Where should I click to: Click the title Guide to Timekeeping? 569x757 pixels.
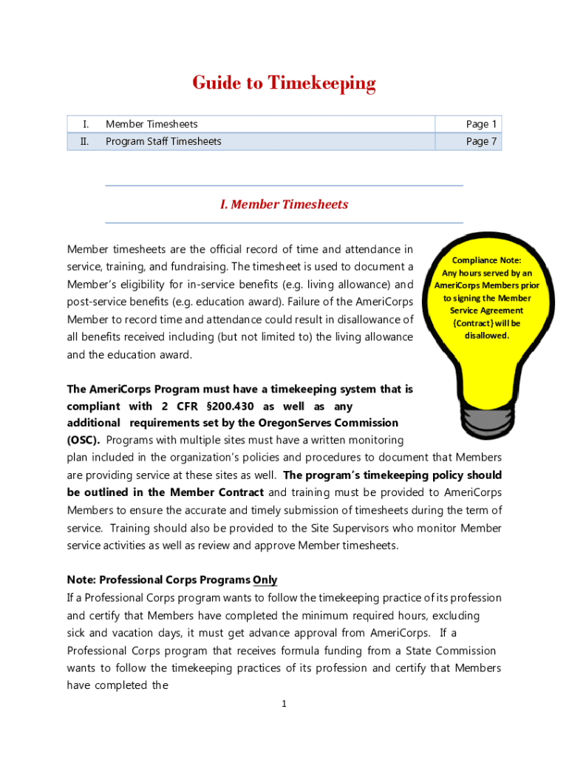(x=284, y=84)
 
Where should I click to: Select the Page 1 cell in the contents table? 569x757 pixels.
(x=481, y=124)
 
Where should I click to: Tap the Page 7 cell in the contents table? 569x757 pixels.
(x=481, y=141)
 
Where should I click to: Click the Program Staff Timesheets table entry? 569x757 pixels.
(x=163, y=141)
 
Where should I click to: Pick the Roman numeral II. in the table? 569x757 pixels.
(x=84, y=141)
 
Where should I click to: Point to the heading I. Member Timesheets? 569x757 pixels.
(x=284, y=204)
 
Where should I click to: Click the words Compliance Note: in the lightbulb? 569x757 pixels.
(x=486, y=260)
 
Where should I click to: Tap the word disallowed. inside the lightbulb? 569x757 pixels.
(x=486, y=336)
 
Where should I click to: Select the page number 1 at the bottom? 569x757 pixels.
(x=284, y=704)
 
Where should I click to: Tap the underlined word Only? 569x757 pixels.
(x=265, y=580)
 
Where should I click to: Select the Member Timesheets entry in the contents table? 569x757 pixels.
(x=151, y=124)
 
